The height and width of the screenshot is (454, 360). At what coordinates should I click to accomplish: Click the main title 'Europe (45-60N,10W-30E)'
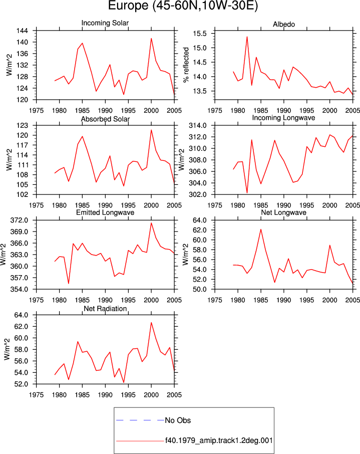click(x=183, y=6)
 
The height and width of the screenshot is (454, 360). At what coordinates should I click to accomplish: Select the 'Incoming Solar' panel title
click(x=105, y=23)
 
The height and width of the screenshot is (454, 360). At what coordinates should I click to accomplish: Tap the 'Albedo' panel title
click(x=284, y=25)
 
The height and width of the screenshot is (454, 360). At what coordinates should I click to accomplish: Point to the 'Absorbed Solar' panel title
click(x=105, y=119)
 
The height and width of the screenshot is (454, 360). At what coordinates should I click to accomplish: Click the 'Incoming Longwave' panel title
click(x=283, y=118)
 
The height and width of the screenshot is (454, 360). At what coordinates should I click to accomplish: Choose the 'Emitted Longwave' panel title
click(x=105, y=212)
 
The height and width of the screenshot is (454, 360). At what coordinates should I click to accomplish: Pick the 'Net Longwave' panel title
click(x=283, y=212)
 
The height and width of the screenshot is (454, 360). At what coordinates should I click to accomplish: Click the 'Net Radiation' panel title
click(x=105, y=309)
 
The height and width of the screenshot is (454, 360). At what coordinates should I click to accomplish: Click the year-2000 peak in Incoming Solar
click(x=151, y=39)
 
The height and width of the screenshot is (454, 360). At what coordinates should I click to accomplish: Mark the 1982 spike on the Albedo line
click(x=247, y=37)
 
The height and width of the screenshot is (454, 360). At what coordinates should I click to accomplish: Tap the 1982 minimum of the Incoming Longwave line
click(x=247, y=192)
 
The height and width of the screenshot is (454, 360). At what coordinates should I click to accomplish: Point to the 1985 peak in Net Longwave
click(x=261, y=230)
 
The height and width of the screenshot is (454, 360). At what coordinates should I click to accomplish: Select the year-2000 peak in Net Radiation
click(x=151, y=323)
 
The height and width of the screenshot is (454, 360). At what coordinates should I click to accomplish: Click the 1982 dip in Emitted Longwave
click(x=69, y=284)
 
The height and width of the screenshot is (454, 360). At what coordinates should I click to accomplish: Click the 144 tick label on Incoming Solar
click(x=23, y=31)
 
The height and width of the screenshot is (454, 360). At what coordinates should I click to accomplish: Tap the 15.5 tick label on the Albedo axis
click(x=200, y=34)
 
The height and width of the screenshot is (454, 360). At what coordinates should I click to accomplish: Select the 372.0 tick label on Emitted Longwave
click(x=19, y=220)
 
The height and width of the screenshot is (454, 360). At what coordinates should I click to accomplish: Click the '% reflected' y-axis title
click(x=186, y=65)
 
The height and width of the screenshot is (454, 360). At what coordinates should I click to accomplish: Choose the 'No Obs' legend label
click(x=178, y=420)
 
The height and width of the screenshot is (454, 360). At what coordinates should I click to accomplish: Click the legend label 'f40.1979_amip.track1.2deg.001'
click(x=219, y=440)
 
